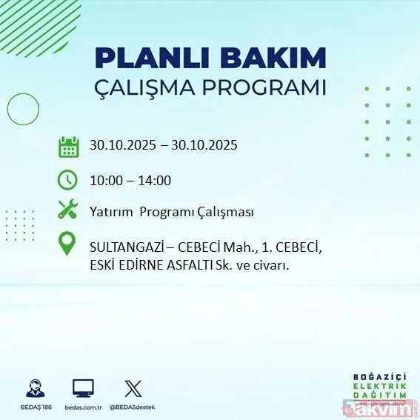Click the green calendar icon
[x=68, y=146]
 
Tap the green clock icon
[x=68, y=179]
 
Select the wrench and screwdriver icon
[x=68, y=211]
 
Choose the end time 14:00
[x=156, y=180]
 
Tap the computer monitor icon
[x=83, y=388]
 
